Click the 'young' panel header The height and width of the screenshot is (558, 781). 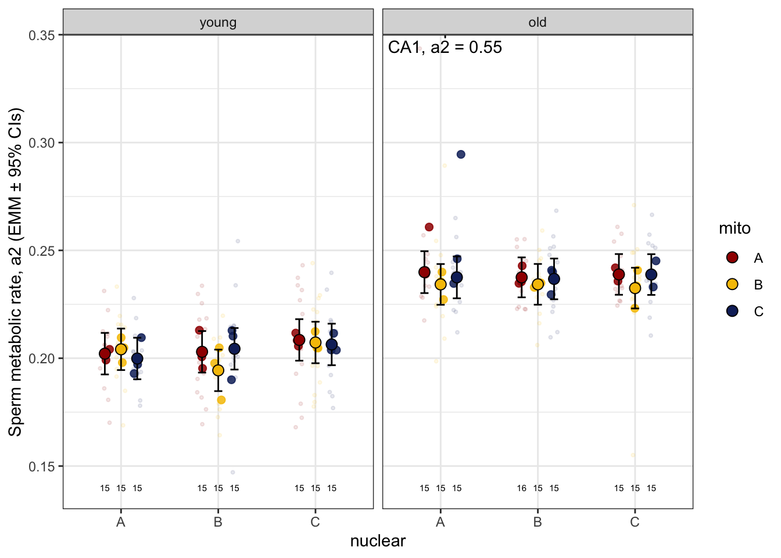pyautogui.click(x=218, y=23)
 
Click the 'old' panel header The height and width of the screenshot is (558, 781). pyautogui.click(x=537, y=23)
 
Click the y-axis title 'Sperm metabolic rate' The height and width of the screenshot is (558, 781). pyautogui.click(x=15, y=271)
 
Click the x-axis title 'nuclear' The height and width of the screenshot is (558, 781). pyautogui.click(x=378, y=541)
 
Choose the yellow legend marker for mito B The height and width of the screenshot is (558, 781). pyautogui.click(x=732, y=284)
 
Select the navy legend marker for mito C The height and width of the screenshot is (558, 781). pyautogui.click(x=732, y=311)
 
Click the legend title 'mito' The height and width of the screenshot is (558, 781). pyautogui.click(x=735, y=228)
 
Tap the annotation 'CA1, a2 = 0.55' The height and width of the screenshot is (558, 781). pyautogui.click(x=445, y=48)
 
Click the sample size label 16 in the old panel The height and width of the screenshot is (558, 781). pyautogui.click(x=522, y=488)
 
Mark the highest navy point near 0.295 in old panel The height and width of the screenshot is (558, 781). pyautogui.click(x=461, y=155)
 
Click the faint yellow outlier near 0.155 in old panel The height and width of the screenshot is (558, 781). pyautogui.click(x=633, y=455)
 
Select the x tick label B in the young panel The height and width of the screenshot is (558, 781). pyautogui.click(x=218, y=522)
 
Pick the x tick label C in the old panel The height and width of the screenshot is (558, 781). pyautogui.click(x=635, y=522)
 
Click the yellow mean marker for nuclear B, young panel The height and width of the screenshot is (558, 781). pyautogui.click(x=218, y=370)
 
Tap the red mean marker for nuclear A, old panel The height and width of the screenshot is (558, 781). pyautogui.click(x=424, y=272)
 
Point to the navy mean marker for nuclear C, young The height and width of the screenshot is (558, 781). pyautogui.click(x=331, y=345)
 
